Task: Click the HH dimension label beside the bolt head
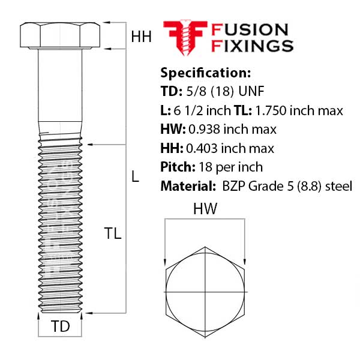141,37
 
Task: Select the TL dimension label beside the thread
112,234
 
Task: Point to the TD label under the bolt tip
60,327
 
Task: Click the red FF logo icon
184,37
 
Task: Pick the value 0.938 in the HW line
206,129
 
